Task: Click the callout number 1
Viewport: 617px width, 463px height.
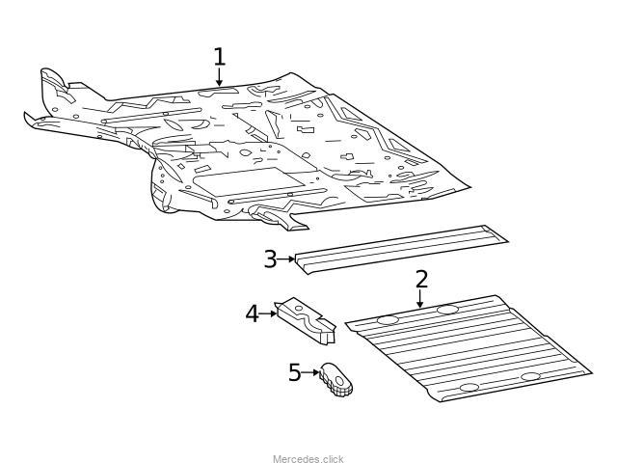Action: pos(220,56)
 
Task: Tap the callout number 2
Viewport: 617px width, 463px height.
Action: pos(421,279)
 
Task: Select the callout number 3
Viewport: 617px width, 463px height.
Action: pos(270,259)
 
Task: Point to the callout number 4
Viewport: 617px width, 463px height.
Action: pos(253,313)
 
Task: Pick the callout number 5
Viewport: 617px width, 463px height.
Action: pos(295,372)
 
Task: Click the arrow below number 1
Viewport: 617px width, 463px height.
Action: pos(219,76)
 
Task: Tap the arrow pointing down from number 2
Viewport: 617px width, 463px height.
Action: pos(420,298)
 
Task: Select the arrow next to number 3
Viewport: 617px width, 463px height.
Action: pos(286,259)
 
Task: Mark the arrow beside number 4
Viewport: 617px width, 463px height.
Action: pos(269,313)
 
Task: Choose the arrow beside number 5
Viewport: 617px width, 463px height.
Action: pos(310,372)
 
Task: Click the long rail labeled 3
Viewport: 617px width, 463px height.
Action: pos(401,249)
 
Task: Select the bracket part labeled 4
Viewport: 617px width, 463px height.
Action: pos(307,321)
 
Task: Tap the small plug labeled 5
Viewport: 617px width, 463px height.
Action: pos(335,379)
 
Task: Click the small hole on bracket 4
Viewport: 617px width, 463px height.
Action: pos(299,309)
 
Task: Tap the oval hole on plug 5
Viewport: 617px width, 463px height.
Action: pos(339,381)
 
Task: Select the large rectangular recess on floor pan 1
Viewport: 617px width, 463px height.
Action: pos(249,180)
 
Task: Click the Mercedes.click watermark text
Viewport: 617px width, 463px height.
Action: pos(308,459)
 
